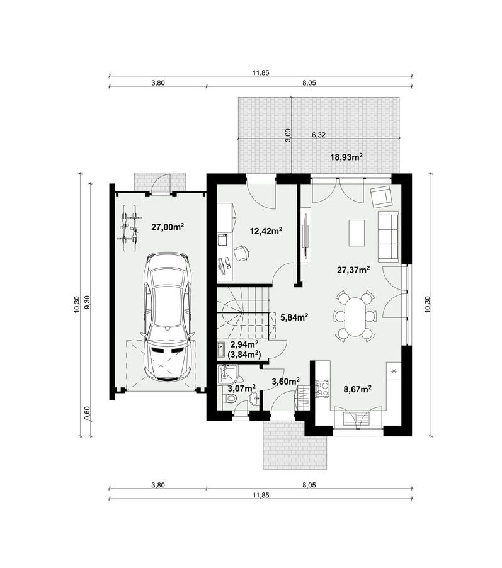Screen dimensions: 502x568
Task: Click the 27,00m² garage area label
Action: pyautogui.click(x=168, y=227)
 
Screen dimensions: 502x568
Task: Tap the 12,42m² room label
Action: pyautogui.click(x=266, y=230)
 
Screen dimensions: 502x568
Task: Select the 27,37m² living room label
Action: pyautogui.click(x=353, y=270)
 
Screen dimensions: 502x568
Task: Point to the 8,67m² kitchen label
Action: pyautogui.click(x=357, y=389)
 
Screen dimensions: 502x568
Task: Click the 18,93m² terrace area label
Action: pyautogui.click(x=346, y=157)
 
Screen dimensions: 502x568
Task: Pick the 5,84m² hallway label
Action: pyautogui.click(x=294, y=317)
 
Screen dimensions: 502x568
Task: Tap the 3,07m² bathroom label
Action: pyautogui.click(x=241, y=389)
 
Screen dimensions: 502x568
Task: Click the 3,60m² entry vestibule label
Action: pyautogui.click(x=285, y=381)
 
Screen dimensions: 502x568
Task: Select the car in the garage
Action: pyautogui.click(x=168, y=317)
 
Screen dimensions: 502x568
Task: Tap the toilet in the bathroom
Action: pyautogui.click(x=230, y=399)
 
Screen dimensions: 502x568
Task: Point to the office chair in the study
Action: pyautogui.click(x=241, y=253)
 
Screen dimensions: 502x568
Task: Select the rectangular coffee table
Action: pyautogui.click(x=357, y=232)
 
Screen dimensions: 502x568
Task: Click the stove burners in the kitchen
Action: pyautogui.click(x=322, y=389)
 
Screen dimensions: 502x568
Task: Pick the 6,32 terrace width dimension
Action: pyautogui.click(x=319, y=135)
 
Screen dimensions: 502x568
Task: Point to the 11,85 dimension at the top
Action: pyautogui.click(x=261, y=72)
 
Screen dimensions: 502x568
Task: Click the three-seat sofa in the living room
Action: pyautogui.click(x=388, y=237)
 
